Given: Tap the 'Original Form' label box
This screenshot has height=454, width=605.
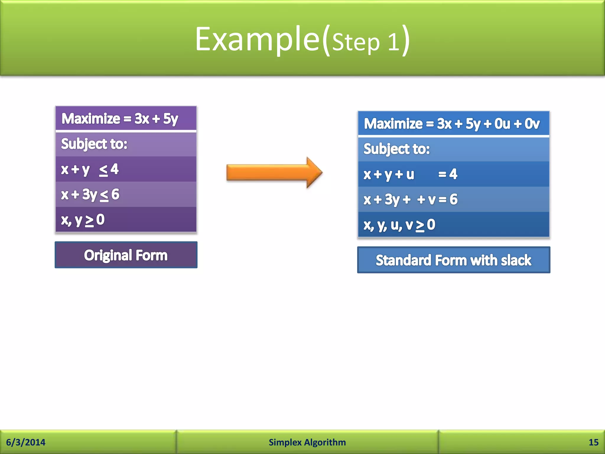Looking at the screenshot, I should point(126,255).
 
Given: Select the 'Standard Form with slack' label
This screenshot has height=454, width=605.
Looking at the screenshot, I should point(453,260).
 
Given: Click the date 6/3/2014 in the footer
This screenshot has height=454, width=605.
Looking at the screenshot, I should point(26,442).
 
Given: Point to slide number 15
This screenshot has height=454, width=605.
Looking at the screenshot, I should point(593,442).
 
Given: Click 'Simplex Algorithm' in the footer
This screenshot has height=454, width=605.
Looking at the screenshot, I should point(307,442).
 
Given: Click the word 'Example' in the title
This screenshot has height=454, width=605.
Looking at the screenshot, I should point(257,39).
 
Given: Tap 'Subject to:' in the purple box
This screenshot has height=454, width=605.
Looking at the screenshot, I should point(94,144).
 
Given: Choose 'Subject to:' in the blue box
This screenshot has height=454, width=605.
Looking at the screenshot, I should point(396,149).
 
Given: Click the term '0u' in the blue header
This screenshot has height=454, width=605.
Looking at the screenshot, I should point(502,124).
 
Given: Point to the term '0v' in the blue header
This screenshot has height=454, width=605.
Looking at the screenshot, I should point(532,124).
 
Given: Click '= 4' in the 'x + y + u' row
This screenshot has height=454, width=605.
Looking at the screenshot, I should point(448,174).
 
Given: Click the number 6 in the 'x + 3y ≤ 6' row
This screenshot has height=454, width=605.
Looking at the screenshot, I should point(115,194).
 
